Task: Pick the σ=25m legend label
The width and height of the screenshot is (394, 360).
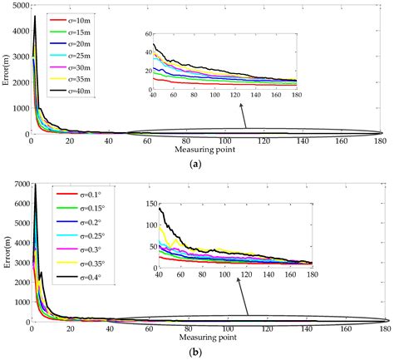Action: [x=79, y=56]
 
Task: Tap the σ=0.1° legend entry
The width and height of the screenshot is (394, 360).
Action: [x=79, y=195]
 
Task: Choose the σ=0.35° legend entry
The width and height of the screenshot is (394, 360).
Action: [x=81, y=263]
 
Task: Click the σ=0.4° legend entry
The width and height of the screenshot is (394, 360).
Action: [x=79, y=276]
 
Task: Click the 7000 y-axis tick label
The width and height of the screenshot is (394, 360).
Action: [x=21, y=184]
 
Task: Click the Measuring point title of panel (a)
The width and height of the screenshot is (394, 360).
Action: [x=204, y=150]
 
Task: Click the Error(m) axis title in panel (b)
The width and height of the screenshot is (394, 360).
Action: [x=6, y=253]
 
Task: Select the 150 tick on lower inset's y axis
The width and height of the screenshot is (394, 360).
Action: [x=151, y=204]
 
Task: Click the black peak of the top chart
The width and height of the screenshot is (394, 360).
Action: [x=35, y=16]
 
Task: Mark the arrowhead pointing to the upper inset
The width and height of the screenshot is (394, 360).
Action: [x=241, y=106]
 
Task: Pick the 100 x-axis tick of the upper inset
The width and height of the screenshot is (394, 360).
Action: [x=214, y=95]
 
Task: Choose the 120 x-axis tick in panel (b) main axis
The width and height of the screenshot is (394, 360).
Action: [x=267, y=329]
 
